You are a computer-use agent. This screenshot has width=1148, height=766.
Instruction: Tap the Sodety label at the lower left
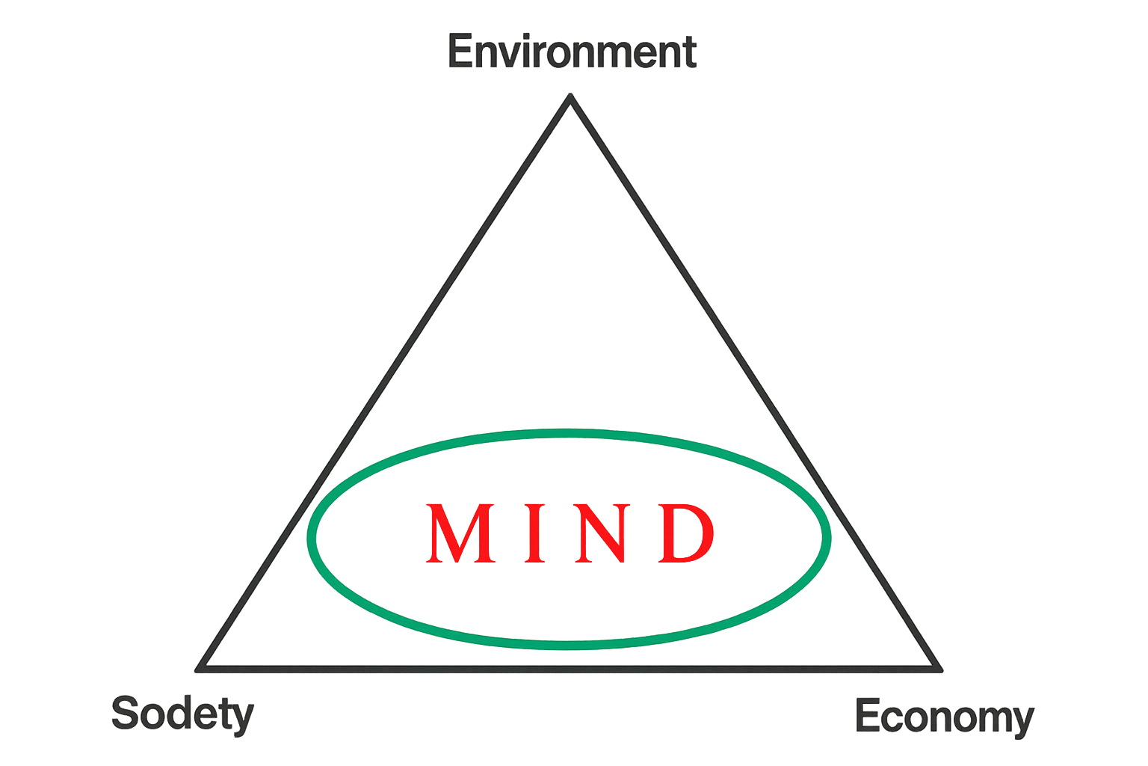point(182,714)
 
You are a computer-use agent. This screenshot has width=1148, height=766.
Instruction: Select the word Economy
point(945,717)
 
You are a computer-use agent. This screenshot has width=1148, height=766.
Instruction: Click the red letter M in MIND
point(460,533)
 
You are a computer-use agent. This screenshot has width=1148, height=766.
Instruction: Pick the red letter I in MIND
point(534,533)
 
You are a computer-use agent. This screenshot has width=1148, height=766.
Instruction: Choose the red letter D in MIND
point(685,533)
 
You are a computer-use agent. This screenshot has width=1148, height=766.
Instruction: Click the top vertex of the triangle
point(570,96)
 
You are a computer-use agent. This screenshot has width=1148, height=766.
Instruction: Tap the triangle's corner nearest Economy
point(940,669)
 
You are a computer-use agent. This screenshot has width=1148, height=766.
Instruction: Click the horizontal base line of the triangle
point(569,669)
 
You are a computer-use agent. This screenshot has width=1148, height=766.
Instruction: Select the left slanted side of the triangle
point(384,382)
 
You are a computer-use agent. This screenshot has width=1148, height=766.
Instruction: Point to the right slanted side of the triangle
point(756,382)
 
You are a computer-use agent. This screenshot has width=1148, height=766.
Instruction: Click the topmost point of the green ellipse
point(568,433)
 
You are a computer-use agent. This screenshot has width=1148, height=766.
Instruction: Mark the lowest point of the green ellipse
point(568,646)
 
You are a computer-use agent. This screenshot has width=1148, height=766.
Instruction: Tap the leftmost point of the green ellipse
point(311,538)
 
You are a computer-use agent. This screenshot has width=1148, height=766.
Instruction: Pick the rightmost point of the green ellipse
point(827,537)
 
